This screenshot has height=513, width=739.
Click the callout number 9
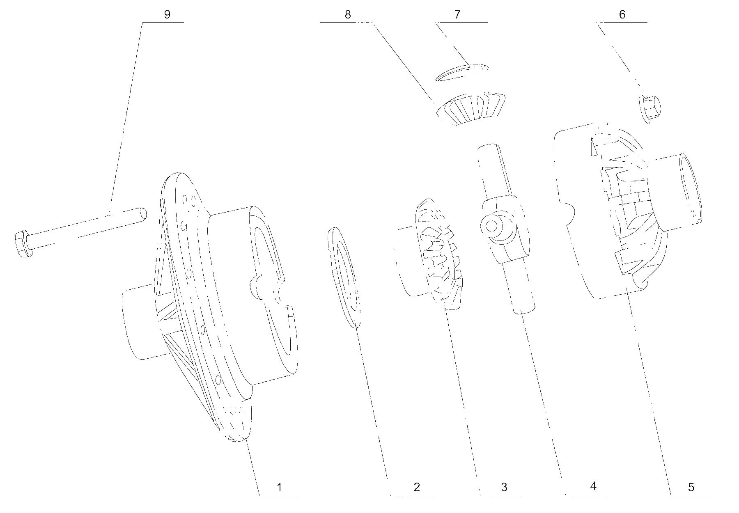167,14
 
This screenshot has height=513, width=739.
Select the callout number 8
348,14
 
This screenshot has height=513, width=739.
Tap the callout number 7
457,14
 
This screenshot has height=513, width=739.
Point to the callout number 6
622,14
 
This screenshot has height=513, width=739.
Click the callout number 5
691,487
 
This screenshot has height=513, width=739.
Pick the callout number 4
593,486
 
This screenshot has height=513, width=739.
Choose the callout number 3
504,487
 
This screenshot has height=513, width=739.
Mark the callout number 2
417,487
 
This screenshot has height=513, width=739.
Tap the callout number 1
279,487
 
